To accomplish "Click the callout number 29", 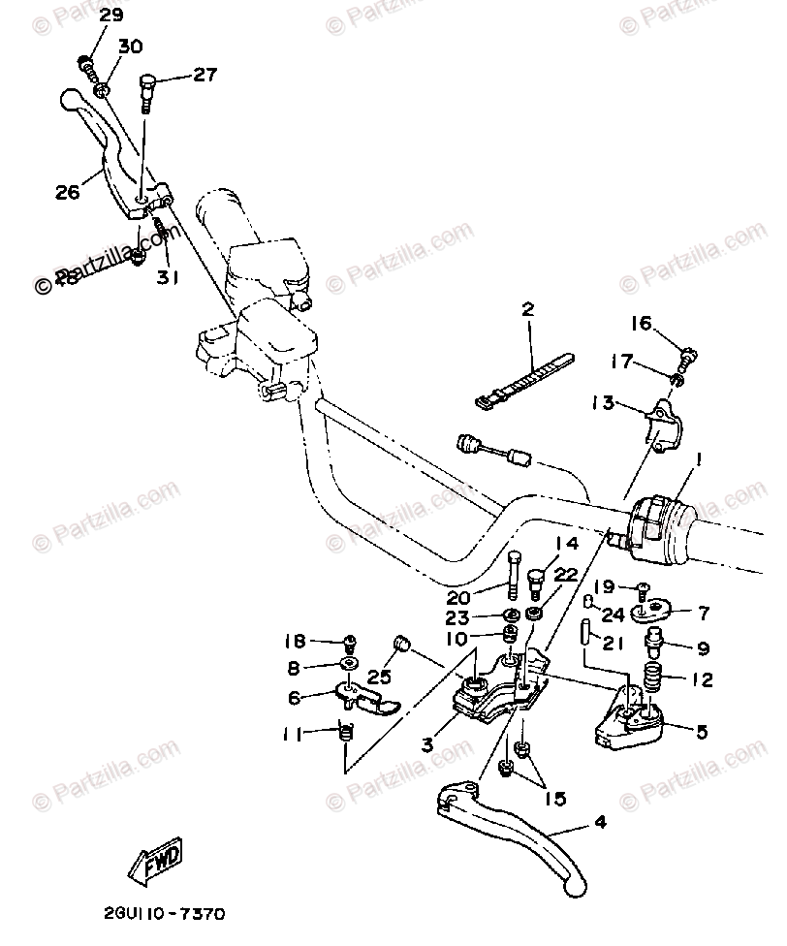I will (x=111, y=15).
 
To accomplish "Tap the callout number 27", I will (x=205, y=74).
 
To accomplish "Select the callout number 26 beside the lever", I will (x=67, y=192).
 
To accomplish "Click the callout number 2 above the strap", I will (x=528, y=310).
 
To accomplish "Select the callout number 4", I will (x=601, y=823).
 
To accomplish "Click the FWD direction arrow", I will (x=156, y=861).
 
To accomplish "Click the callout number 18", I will (x=295, y=641).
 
